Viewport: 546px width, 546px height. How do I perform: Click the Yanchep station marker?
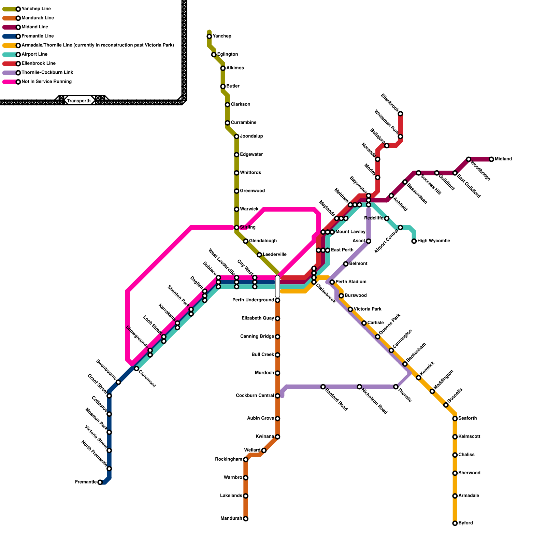[x=209, y=37]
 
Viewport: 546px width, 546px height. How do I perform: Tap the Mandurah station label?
[x=231, y=519]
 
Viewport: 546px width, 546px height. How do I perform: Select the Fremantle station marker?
[x=100, y=482]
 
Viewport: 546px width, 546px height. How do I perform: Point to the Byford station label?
[x=466, y=523]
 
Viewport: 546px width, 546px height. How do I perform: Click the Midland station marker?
[x=491, y=159]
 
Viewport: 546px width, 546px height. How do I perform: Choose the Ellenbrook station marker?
[x=400, y=114]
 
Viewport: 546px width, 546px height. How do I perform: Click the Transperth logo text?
[x=79, y=101]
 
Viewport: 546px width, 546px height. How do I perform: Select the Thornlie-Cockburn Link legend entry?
[x=47, y=73]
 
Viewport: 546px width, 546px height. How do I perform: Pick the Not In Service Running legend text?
[x=47, y=82]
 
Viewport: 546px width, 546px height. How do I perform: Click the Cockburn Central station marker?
[x=277, y=396]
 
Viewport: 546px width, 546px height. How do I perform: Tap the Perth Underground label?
[x=253, y=300]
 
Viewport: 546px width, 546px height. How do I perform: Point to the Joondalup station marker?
[x=236, y=136]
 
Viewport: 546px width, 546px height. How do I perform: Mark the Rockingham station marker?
[x=246, y=460]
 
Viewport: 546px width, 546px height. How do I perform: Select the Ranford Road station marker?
[x=323, y=387]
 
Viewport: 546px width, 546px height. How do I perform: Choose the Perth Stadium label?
[x=351, y=282]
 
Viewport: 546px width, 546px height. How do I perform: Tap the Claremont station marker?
[x=136, y=369]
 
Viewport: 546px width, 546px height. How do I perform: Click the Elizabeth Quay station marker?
[x=277, y=318]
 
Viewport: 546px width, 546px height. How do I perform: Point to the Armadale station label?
[x=469, y=496]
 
